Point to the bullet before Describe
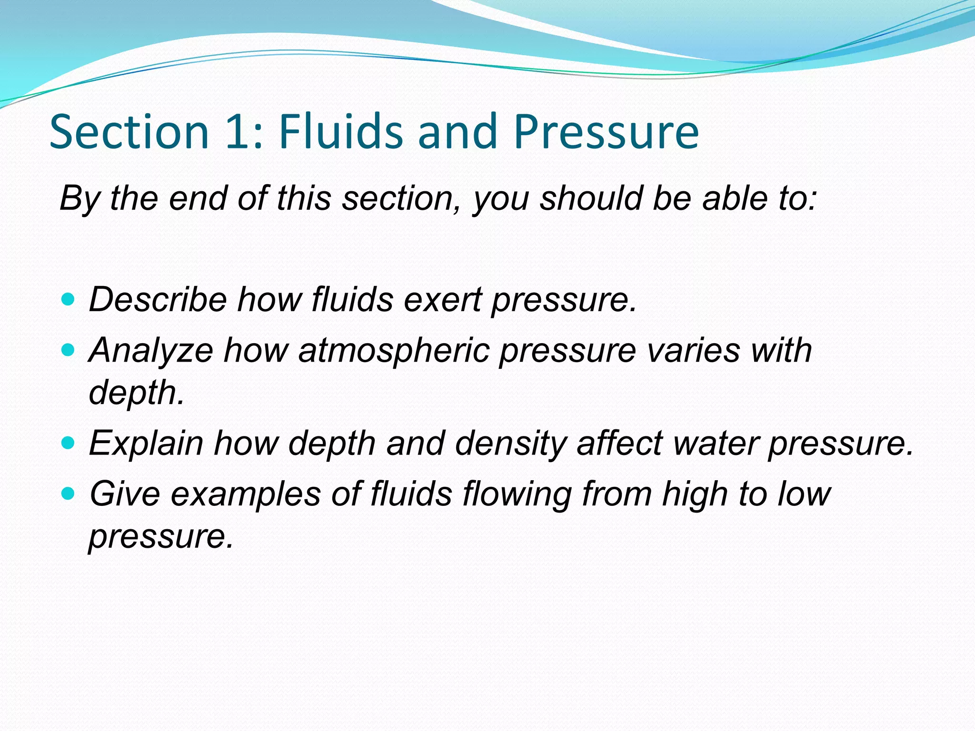click(x=69, y=299)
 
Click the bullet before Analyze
click(x=69, y=350)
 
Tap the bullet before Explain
click(x=69, y=443)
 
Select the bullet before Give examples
click(x=69, y=494)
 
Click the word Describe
click(x=158, y=300)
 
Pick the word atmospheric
click(x=394, y=351)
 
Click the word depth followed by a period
click(x=136, y=393)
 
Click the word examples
click(x=246, y=494)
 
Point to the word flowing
click(x=517, y=494)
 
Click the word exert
click(x=442, y=300)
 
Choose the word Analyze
click(x=151, y=351)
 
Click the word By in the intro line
click(x=79, y=198)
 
